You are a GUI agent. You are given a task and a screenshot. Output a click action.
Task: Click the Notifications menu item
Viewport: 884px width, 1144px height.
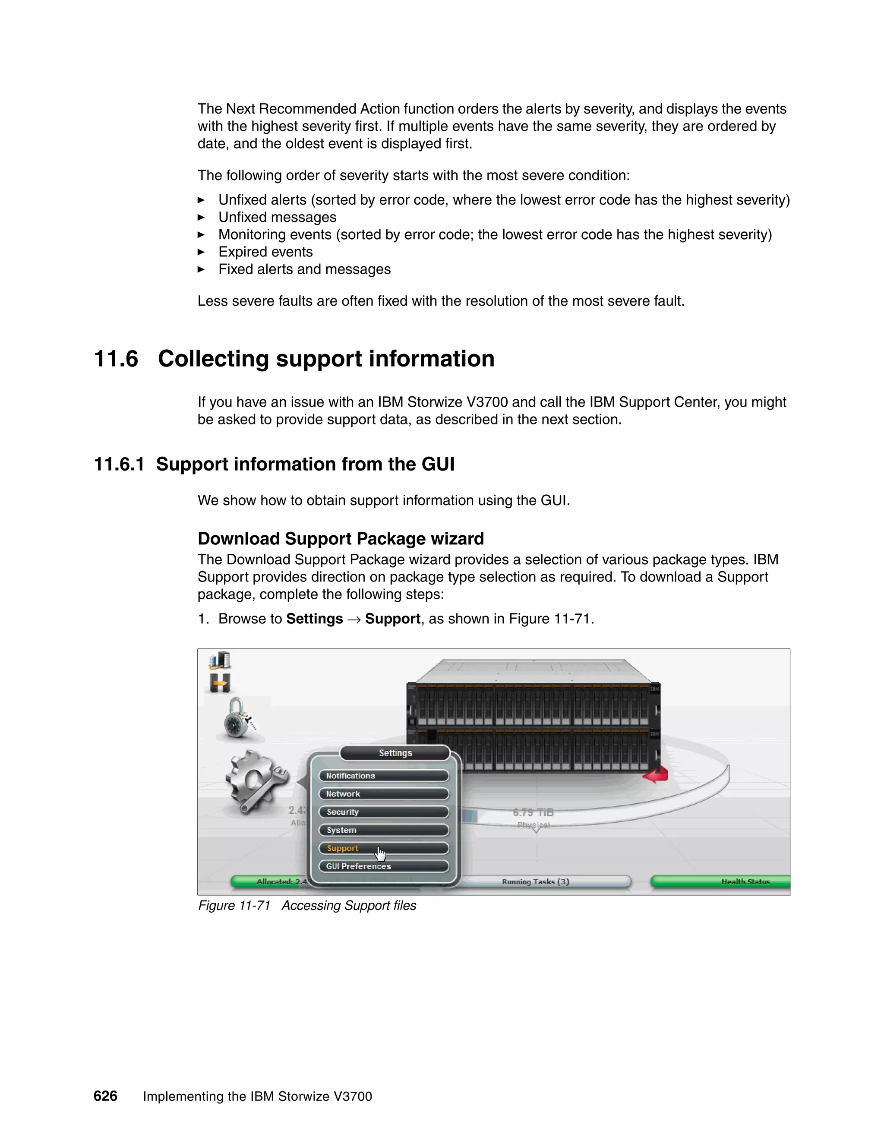click(383, 776)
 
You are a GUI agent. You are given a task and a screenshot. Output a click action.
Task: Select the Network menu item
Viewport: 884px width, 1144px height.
click(383, 793)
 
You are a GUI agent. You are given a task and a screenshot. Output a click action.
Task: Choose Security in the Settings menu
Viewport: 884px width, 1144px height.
click(383, 812)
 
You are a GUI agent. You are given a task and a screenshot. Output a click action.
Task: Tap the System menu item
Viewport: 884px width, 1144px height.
click(383, 830)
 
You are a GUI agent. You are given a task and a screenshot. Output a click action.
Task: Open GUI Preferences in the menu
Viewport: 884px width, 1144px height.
click(383, 866)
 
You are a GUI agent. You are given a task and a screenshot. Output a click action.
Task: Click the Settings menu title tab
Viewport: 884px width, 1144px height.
click(395, 753)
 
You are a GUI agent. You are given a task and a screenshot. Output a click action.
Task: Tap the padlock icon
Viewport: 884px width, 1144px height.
click(239, 718)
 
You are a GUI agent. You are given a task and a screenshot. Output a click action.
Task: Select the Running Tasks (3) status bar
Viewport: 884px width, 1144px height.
click(535, 882)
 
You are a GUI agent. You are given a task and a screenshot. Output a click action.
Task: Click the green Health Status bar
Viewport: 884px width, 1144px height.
click(720, 882)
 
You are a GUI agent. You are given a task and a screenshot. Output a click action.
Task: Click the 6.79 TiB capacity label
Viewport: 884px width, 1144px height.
click(533, 812)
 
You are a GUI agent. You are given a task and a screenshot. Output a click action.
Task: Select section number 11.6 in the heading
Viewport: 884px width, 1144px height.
click(116, 359)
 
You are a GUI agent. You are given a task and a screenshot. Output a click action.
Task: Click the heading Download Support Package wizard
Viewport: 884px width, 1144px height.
click(341, 538)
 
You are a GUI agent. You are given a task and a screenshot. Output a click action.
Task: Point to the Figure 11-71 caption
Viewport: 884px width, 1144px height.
click(307, 906)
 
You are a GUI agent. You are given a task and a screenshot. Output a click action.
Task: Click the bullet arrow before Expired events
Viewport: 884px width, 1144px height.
click(201, 252)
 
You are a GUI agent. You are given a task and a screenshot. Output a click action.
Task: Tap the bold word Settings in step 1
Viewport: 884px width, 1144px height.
click(314, 619)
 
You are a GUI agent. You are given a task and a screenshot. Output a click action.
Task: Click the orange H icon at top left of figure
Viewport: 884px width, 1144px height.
click(220, 683)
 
